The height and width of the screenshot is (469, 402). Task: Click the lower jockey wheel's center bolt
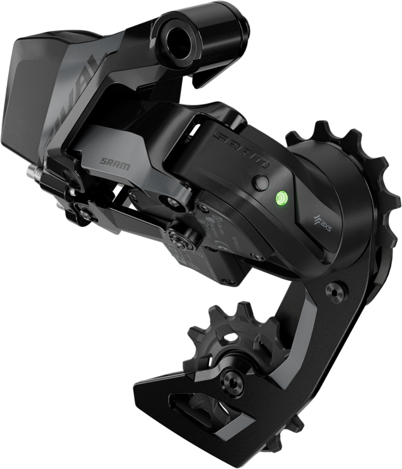tap(229, 380)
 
